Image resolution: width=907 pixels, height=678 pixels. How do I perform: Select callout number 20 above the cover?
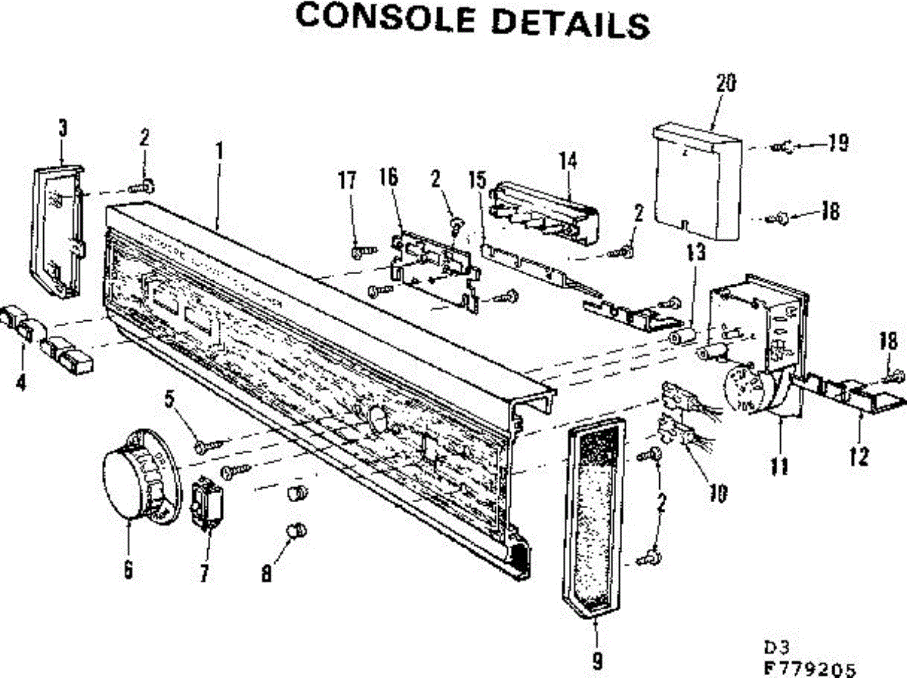[x=726, y=84]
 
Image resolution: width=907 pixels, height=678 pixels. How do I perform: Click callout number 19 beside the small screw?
[x=837, y=143]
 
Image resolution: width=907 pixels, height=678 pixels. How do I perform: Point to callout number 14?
[x=568, y=160]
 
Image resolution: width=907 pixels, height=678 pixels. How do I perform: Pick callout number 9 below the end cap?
[x=597, y=661]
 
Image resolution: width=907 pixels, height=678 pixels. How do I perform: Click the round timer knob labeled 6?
[x=140, y=476]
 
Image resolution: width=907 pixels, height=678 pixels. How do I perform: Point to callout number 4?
[x=20, y=383]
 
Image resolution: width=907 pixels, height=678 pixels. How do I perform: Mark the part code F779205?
[x=810, y=668]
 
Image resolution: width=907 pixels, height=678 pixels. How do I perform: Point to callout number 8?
[x=266, y=574]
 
